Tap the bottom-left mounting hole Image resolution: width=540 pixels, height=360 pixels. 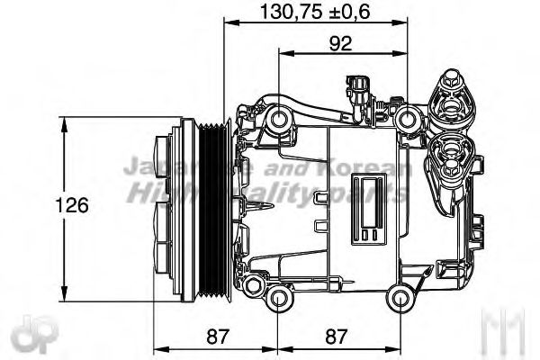pyautogui.click(x=278, y=300)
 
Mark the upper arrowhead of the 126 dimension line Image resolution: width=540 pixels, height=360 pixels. pyautogui.click(x=64, y=123)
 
